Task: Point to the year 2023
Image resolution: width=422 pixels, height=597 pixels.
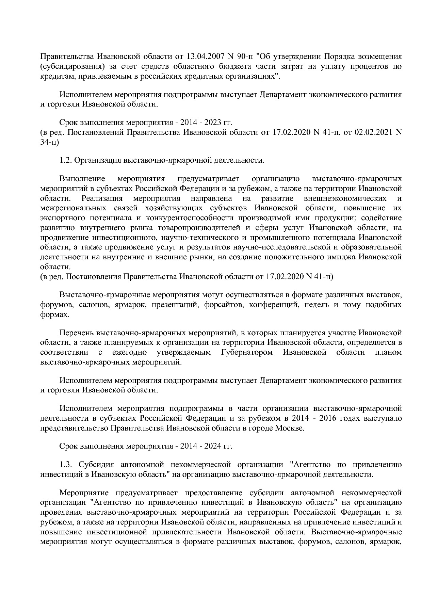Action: [213, 123]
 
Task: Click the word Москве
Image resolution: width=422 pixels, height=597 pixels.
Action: [291, 428]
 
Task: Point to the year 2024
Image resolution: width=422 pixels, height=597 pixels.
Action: [213, 446]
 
